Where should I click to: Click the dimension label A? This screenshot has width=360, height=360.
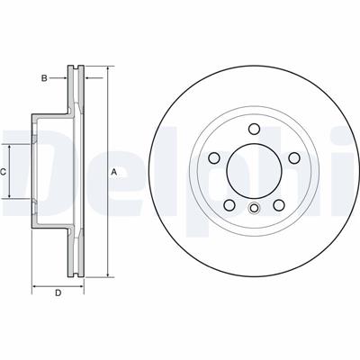[113, 172]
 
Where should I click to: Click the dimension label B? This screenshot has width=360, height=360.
[44, 78]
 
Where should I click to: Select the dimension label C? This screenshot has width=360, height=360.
[3, 172]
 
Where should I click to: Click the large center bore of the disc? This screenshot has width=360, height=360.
[254, 170]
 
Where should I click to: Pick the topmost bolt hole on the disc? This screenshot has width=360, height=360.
[254, 129]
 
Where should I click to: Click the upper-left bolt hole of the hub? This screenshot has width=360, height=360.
[214, 157]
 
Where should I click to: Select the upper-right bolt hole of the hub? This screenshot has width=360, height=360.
[294, 157]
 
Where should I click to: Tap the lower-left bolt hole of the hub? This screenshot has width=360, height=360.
[229, 205]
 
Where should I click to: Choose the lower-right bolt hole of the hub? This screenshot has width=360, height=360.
[279, 205]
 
